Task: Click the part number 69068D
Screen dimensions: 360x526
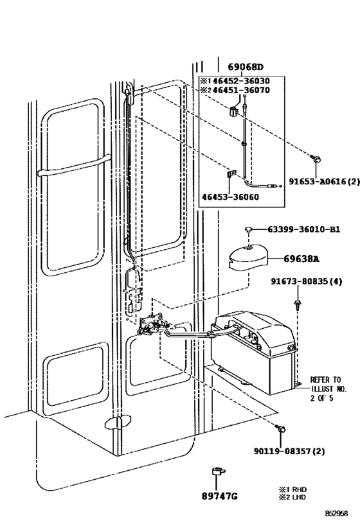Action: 246,67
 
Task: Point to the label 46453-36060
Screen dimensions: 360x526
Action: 230,197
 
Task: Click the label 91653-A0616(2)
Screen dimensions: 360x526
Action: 325,182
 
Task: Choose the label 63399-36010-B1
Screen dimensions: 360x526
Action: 304,229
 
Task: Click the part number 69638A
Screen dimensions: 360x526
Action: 301,259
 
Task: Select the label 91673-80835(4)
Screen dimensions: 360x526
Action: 307,281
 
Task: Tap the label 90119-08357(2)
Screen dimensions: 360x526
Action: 289,451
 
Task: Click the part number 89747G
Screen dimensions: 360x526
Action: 220,496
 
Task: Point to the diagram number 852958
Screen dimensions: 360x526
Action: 336,513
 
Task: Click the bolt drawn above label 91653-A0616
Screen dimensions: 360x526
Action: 315,159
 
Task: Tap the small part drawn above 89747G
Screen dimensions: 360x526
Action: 217,471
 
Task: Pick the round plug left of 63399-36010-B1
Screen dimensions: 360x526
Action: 249,229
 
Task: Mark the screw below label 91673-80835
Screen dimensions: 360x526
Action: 297,304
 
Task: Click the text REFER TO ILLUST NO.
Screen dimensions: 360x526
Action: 328,385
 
